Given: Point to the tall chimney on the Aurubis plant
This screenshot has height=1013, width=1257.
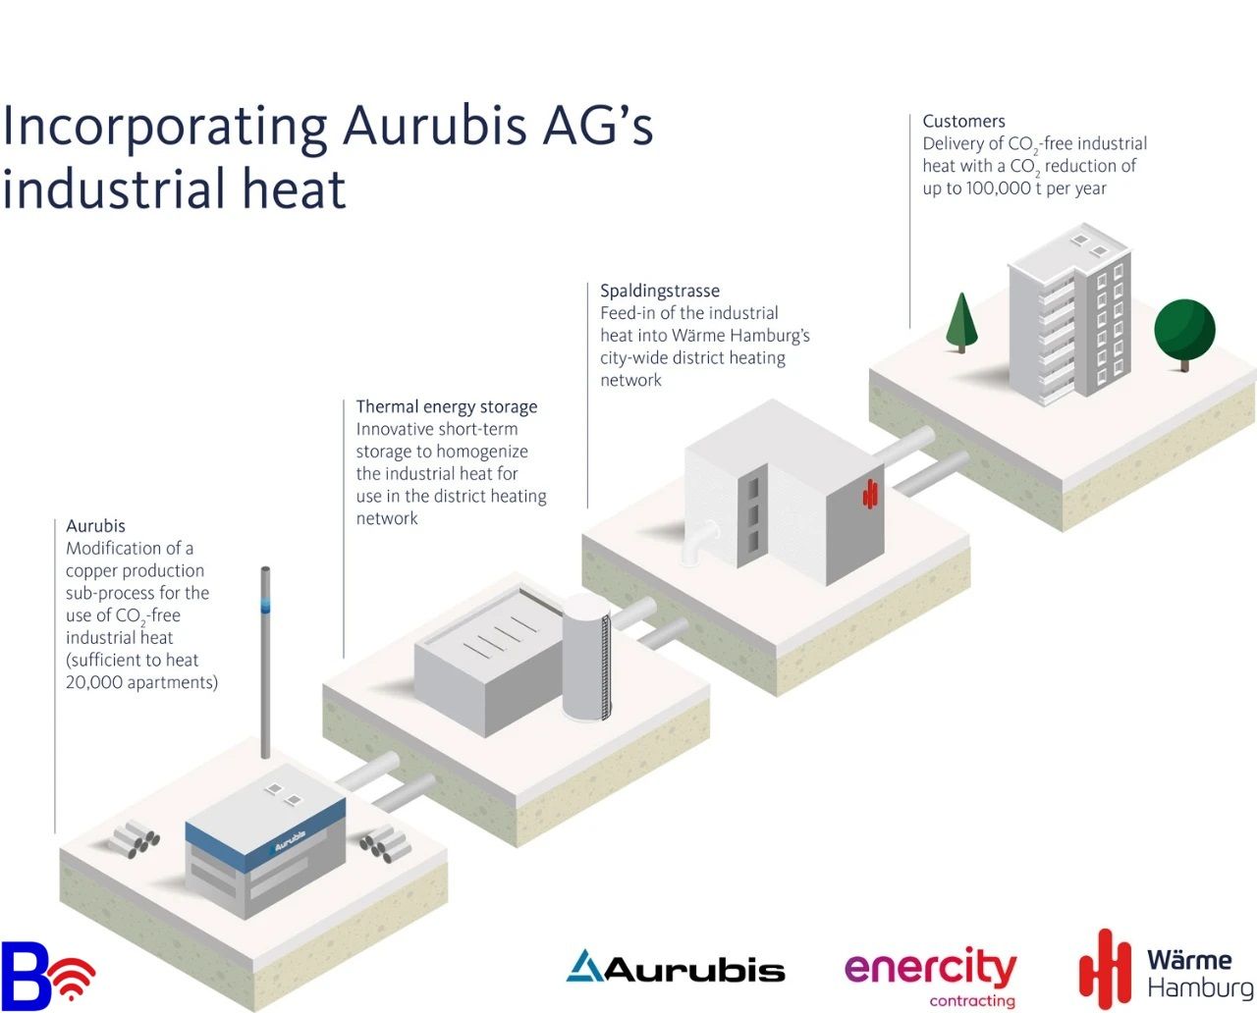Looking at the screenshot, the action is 265,663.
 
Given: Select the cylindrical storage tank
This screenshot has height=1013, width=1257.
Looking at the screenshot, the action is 586,658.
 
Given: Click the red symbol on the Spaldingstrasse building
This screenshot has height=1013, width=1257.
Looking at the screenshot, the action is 870,494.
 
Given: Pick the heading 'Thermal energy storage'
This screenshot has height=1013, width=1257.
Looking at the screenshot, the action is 446,407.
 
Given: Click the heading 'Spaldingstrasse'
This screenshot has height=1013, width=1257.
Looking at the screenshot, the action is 660,291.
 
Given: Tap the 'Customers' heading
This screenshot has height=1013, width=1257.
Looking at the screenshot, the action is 963,121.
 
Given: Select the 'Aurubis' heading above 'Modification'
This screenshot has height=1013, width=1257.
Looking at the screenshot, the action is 95,526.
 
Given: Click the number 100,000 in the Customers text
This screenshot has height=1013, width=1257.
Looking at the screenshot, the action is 999,188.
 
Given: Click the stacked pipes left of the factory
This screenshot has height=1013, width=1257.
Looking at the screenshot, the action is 134,839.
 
